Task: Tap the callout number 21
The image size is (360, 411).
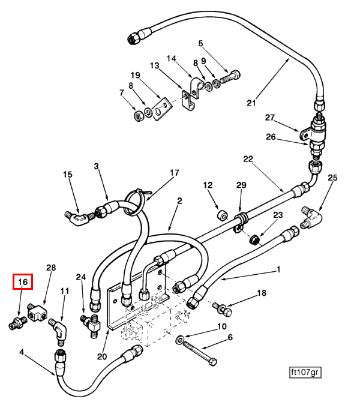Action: click(x=251, y=103)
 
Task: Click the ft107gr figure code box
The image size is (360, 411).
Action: click(x=305, y=373)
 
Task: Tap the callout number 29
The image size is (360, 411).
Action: click(x=241, y=185)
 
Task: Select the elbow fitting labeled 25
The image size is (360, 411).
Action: click(x=313, y=218)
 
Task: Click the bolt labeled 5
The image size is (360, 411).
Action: click(x=232, y=77)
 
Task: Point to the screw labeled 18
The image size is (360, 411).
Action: click(x=223, y=310)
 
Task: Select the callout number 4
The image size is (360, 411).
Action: click(x=22, y=352)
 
